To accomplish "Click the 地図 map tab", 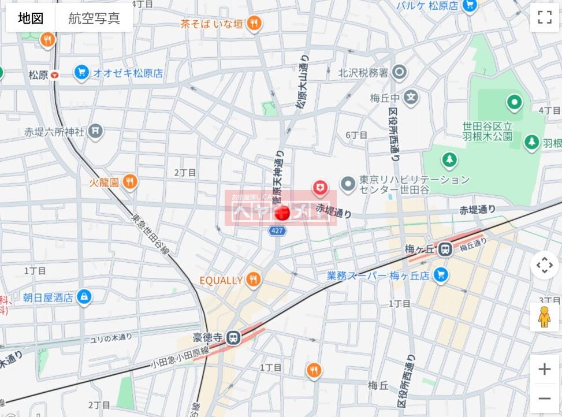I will (x=31, y=18).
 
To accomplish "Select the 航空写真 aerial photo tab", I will (x=94, y=18).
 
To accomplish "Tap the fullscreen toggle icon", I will (x=544, y=17).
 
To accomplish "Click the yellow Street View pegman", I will (x=544, y=317).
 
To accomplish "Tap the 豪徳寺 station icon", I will (x=233, y=336).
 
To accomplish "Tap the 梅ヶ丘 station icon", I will (x=444, y=250).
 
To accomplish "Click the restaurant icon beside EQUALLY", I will (x=253, y=280).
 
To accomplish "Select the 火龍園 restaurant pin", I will (x=130, y=183).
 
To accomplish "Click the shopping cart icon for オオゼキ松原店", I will (x=81, y=73).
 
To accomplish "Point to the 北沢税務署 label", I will (x=363, y=73).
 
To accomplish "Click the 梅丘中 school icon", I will (x=411, y=97).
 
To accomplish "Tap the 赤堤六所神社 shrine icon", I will (x=96, y=132).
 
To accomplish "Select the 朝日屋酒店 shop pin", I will (x=84, y=297).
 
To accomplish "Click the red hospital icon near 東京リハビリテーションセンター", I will (x=320, y=187).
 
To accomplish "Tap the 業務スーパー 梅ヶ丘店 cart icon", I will (x=441, y=275).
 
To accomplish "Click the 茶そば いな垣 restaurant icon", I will (x=254, y=24).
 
